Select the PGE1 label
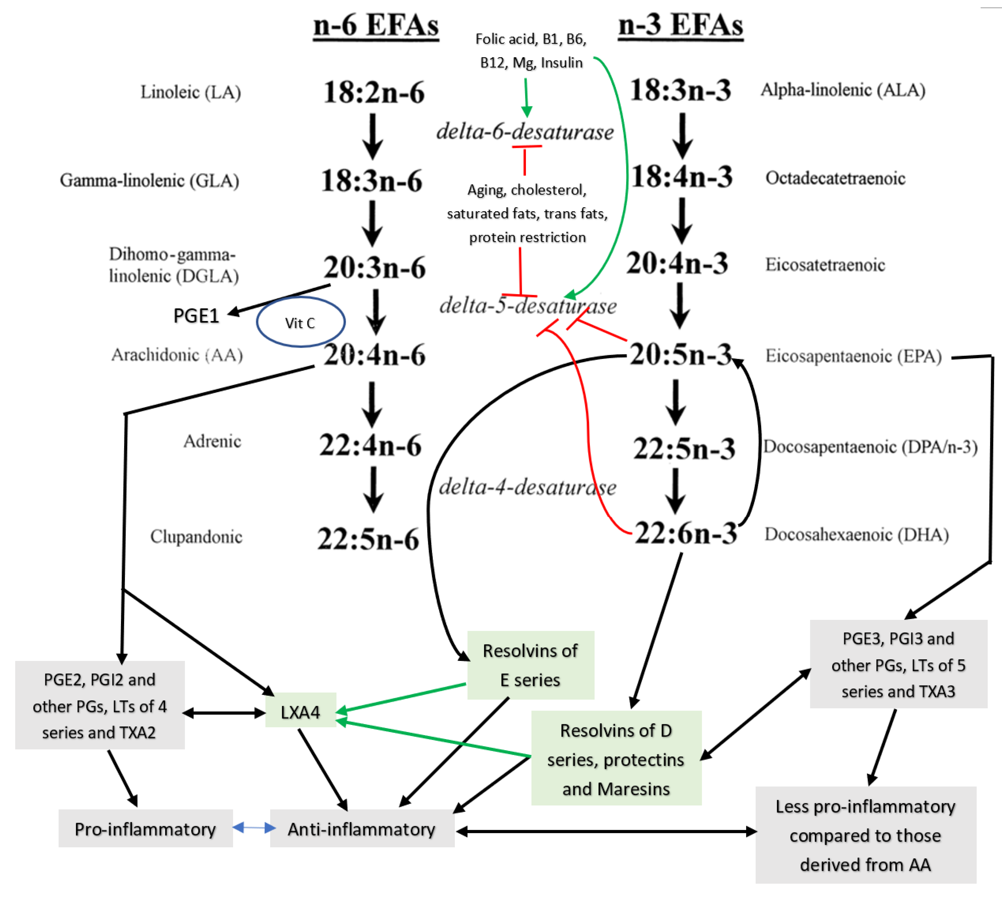(x=196, y=316)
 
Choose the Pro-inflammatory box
(x=145, y=829)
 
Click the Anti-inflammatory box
(x=362, y=829)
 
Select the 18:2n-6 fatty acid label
(x=373, y=92)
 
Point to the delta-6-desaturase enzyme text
(x=525, y=132)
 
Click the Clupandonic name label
(x=196, y=536)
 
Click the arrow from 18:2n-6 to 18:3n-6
(x=373, y=135)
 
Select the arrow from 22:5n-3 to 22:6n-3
(x=675, y=490)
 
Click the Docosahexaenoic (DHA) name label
(x=856, y=534)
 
